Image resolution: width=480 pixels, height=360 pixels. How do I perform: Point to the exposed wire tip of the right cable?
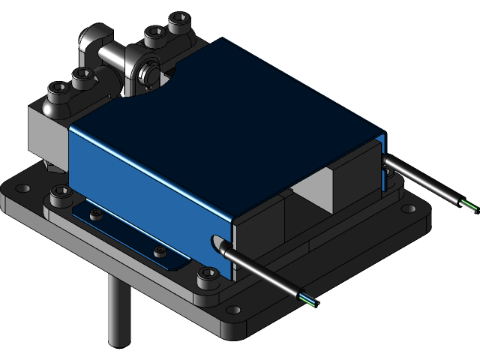coord(469,207)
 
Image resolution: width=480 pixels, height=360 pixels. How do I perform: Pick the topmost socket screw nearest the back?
coord(180,21)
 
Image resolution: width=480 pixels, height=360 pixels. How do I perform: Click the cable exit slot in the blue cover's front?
coord(217,243)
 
